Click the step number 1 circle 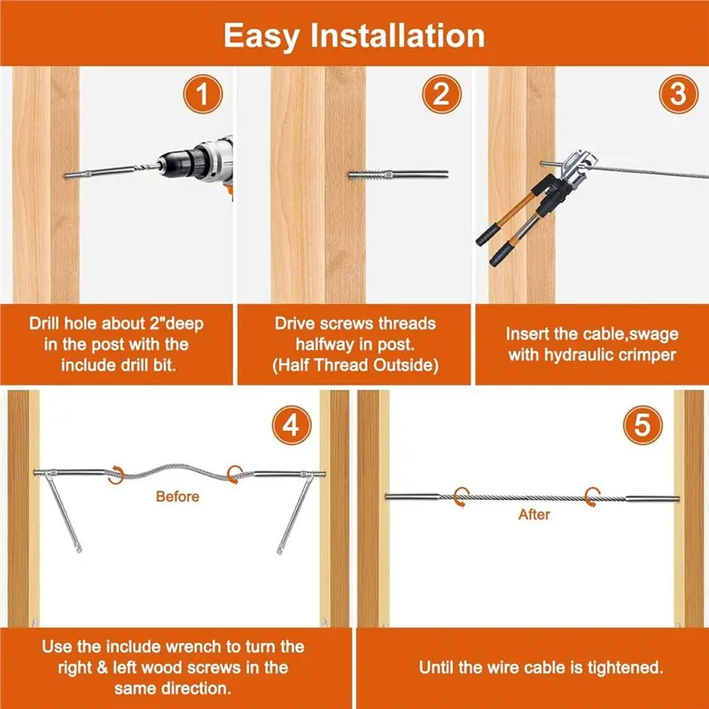point(203,94)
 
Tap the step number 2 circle point(441,94)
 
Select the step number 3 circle point(678,94)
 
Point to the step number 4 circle point(292,425)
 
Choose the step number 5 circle point(643,425)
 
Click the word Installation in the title point(397,35)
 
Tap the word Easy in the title point(261,37)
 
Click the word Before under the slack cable point(177,496)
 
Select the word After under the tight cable point(534,515)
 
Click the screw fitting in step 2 point(398,175)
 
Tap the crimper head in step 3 point(577,168)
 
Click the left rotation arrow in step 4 point(116,475)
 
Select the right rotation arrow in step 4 point(235,475)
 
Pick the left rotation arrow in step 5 point(461,497)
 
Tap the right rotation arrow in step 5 point(592,497)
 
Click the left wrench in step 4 point(62,511)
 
